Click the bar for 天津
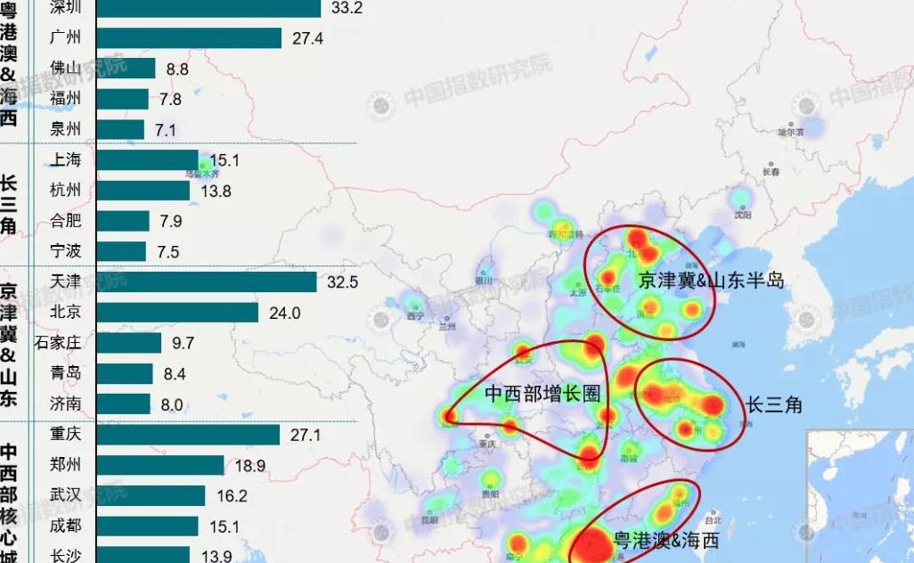[206, 281]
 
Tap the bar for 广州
[188, 37]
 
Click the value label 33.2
[345, 8]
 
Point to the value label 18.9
[249, 466]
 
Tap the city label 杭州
[66, 190]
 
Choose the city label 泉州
[66, 129]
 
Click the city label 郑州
[66, 465]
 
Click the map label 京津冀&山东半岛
[711, 281]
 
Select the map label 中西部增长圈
[542, 394]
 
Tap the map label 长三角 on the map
[774, 404]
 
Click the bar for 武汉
[151, 496]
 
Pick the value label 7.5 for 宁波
[167, 252]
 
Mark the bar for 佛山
[126, 68]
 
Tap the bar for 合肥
[122, 221]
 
